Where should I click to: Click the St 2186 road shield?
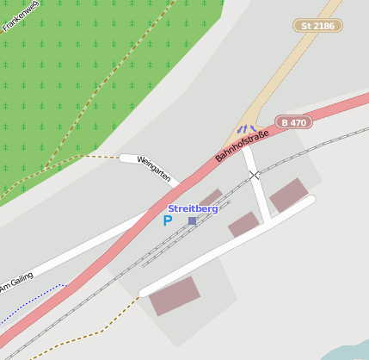(317, 26)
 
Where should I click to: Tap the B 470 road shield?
(293, 122)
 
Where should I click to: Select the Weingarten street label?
(153, 170)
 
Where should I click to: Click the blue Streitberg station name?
(193, 208)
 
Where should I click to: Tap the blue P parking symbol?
(168, 220)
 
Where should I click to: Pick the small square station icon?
(192, 221)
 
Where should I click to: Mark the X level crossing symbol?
(254, 175)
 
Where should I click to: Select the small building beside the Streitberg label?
(211, 197)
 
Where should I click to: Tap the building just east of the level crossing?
(288, 196)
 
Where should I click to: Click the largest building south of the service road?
(175, 295)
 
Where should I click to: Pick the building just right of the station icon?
(243, 225)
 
